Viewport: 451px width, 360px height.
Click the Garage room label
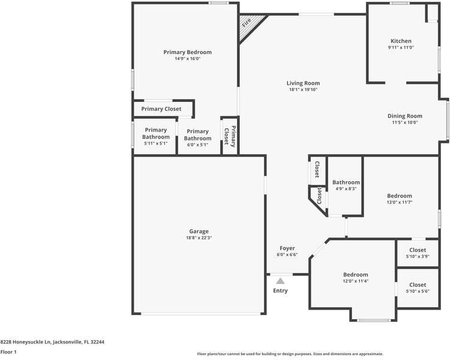click(x=199, y=231)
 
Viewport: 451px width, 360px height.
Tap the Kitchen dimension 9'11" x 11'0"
click(x=401, y=47)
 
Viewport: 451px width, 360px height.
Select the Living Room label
click(x=302, y=83)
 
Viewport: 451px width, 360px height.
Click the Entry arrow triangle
click(x=280, y=280)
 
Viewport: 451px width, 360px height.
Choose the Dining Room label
click(x=404, y=116)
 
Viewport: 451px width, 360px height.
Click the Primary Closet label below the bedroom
click(x=161, y=109)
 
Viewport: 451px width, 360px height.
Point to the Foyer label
click(x=287, y=248)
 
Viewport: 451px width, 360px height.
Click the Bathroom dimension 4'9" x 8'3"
click(x=345, y=189)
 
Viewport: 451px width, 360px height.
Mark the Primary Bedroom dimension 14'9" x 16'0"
click(x=187, y=59)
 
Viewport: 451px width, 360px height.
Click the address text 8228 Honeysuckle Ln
click(x=52, y=341)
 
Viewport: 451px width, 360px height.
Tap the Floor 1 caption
click(x=8, y=352)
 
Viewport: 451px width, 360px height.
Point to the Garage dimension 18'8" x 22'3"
click(x=199, y=238)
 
